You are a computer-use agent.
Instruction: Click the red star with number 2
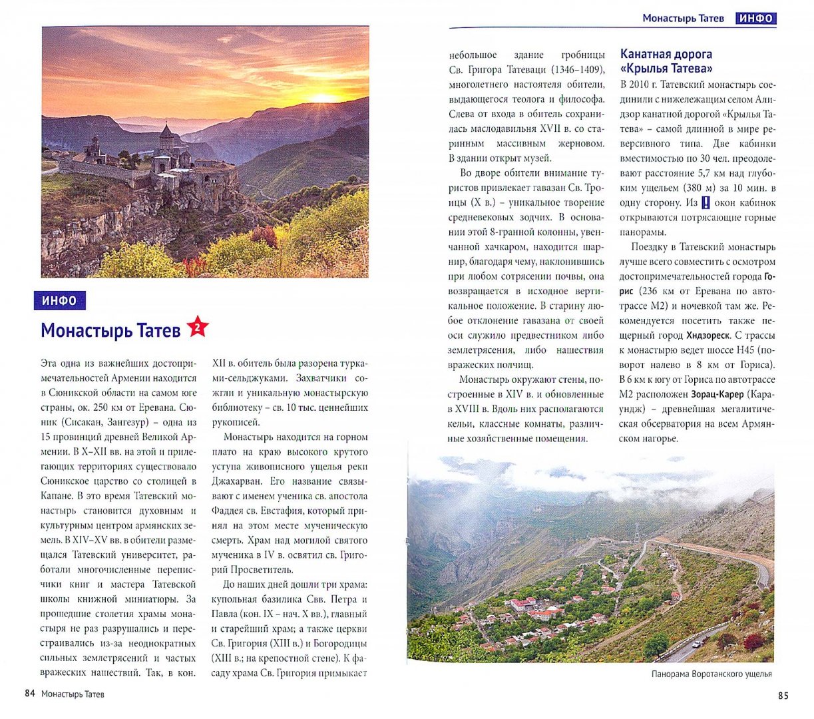click(198, 327)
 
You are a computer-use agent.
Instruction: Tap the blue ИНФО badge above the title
click(60, 301)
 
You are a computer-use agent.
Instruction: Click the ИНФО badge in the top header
click(756, 18)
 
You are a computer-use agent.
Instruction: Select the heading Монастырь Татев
click(110, 330)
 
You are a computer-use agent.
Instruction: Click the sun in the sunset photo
click(324, 98)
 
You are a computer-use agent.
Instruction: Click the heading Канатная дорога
click(666, 54)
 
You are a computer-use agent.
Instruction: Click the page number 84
click(29, 694)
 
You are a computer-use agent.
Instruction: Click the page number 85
click(783, 696)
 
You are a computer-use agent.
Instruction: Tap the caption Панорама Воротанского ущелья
click(712, 674)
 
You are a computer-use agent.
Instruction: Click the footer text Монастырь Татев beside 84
click(73, 694)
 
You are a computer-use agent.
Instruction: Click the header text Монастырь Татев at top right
click(683, 18)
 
